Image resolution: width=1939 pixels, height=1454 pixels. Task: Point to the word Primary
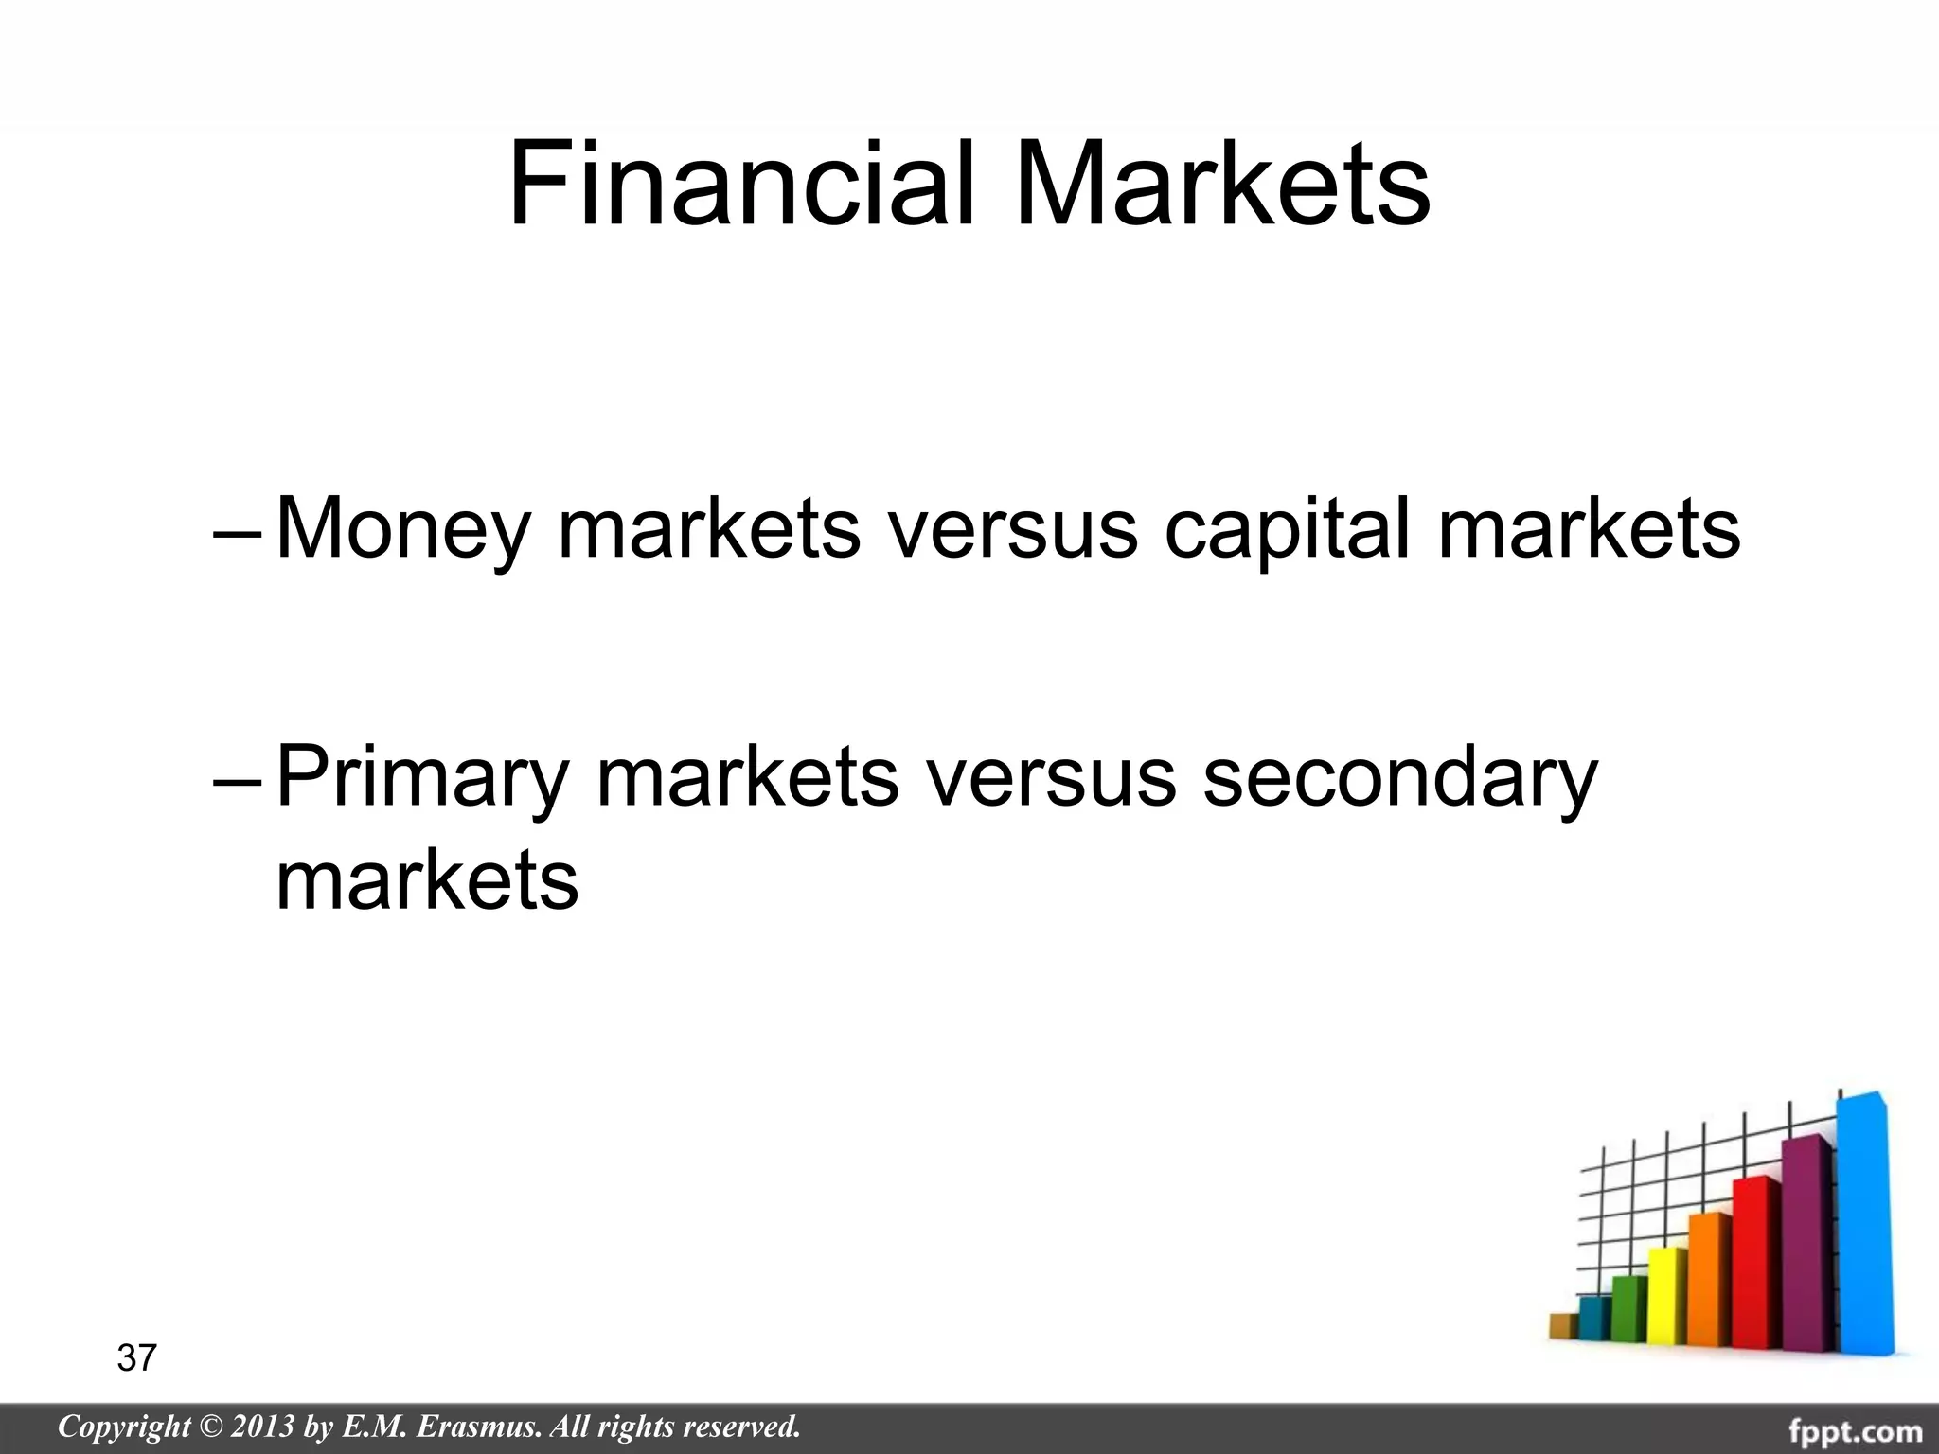422,778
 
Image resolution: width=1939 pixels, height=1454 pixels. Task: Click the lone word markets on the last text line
427,880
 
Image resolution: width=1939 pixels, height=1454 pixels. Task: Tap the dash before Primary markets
240,780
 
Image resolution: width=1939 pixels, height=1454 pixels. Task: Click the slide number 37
136,1358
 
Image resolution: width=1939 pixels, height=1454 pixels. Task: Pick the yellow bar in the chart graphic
1667,1297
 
